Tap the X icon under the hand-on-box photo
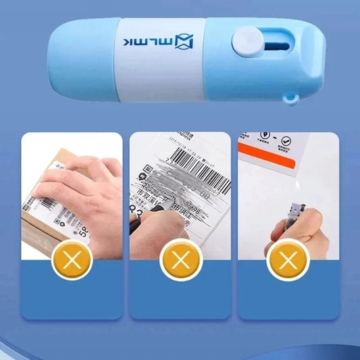72,261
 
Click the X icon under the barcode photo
180,261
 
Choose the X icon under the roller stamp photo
288,261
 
